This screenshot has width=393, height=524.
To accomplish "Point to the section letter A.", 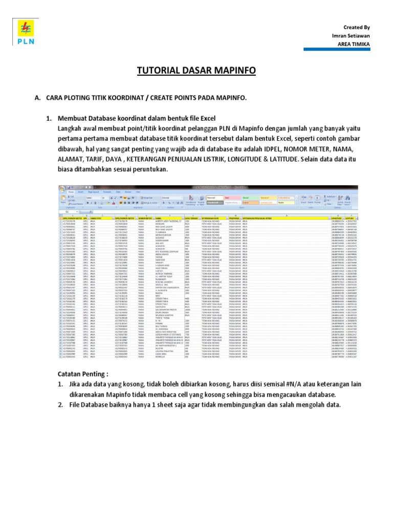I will [36, 97].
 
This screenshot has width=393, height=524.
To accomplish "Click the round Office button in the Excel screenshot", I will [62, 188].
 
